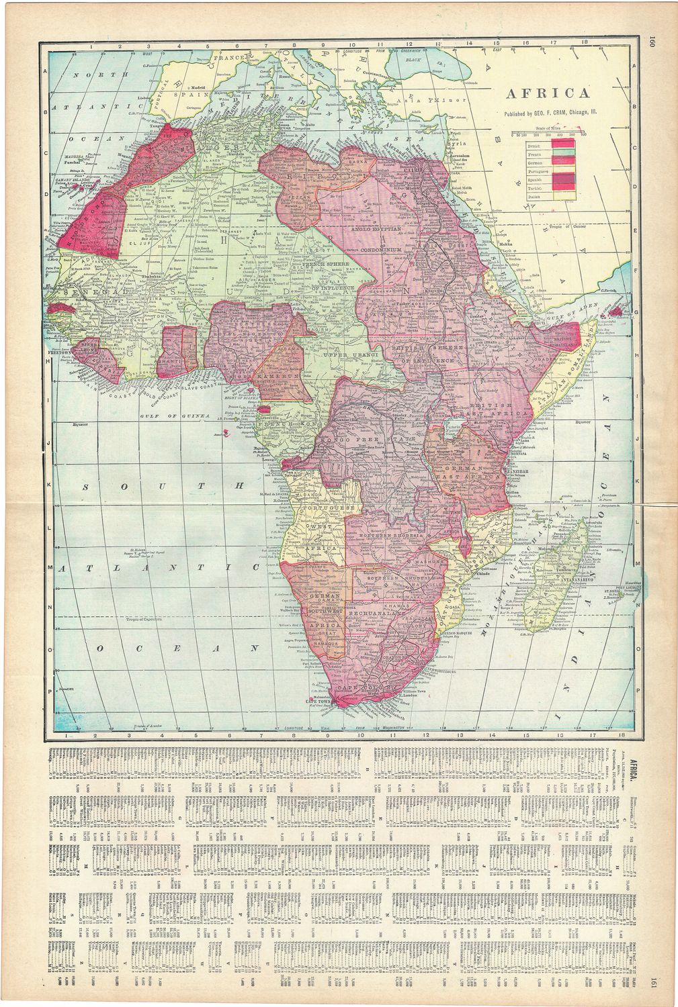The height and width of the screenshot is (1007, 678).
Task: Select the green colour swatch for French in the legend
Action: [x=562, y=157]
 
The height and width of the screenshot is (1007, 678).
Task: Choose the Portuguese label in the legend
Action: [x=522, y=171]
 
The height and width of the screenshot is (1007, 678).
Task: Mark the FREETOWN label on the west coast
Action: [x=60, y=350]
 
